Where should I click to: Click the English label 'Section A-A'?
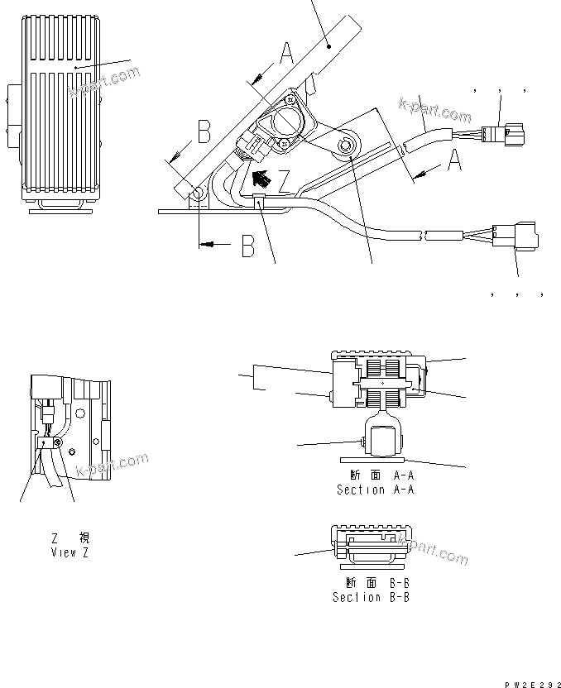(374, 490)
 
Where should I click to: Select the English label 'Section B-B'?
(371, 596)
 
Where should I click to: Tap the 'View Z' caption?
(70, 552)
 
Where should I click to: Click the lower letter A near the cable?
(454, 161)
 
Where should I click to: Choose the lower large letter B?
(247, 246)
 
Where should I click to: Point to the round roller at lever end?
(345, 146)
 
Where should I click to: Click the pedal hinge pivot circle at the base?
(199, 193)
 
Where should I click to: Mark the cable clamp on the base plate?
(259, 200)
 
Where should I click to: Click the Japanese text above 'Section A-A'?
(375, 475)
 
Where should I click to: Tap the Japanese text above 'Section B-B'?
(371, 582)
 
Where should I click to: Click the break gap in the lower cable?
(425, 236)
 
